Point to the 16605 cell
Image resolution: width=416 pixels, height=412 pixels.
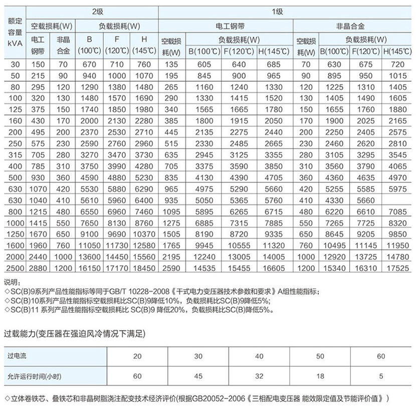[273, 269]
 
